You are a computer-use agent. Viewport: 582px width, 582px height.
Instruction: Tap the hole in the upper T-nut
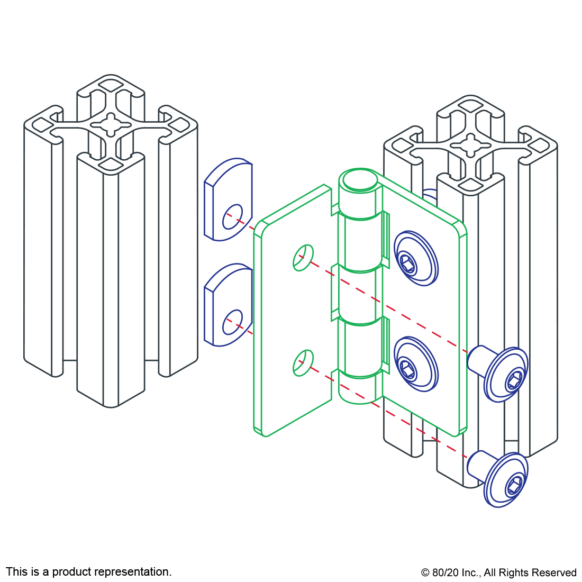point(232,216)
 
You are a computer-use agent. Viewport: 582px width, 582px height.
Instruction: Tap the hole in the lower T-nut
point(232,322)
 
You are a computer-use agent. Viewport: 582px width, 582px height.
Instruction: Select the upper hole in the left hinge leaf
point(303,258)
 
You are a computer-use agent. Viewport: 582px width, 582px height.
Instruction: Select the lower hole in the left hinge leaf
point(303,362)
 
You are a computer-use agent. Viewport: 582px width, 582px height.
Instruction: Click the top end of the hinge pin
point(360,180)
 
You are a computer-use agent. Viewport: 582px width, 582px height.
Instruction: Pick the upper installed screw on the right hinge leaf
point(416,258)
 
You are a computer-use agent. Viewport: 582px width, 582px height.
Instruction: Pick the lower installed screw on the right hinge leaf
point(416,364)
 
